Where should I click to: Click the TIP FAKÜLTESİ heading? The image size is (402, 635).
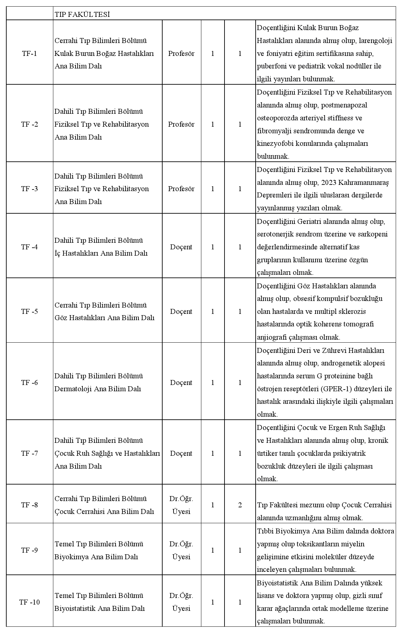[82, 15]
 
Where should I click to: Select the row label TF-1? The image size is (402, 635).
[29, 54]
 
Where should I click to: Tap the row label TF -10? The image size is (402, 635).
[29, 602]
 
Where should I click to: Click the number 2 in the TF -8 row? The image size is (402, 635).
[240, 505]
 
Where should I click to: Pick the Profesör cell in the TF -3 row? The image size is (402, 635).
[181, 189]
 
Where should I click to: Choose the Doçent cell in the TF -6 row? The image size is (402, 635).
[181, 383]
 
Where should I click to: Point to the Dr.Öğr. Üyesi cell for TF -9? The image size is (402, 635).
[181, 550]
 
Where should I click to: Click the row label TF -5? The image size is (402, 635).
[29, 312]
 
